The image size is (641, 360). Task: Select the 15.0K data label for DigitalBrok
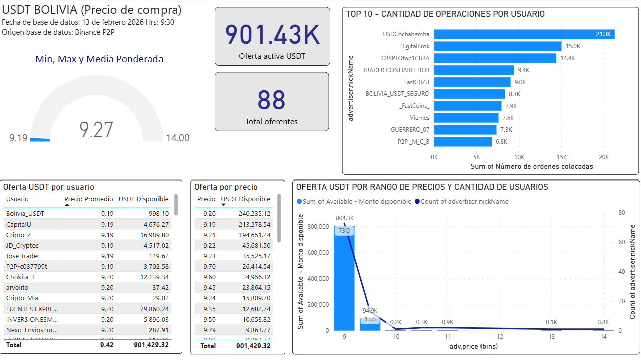(x=573, y=46)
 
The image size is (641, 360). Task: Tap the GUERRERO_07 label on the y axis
(x=410, y=130)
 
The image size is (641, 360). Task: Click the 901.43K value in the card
(x=272, y=35)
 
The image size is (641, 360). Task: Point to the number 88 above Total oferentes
(x=271, y=100)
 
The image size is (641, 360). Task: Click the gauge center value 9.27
(x=97, y=130)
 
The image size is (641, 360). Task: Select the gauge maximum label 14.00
(x=178, y=138)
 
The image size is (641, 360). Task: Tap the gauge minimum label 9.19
(x=18, y=138)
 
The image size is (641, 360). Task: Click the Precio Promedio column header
(x=89, y=199)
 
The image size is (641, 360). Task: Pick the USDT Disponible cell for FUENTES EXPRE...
(x=150, y=309)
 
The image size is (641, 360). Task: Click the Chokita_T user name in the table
(x=20, y=277)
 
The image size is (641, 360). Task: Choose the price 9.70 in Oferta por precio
(x=209, y=267)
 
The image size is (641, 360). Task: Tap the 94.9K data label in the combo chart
(x=370, y=310)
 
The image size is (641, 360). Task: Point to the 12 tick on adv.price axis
(x=500, y=337)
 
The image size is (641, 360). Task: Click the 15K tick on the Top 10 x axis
(x=561, y=156)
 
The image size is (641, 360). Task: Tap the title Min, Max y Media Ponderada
(x=99, y=59)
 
